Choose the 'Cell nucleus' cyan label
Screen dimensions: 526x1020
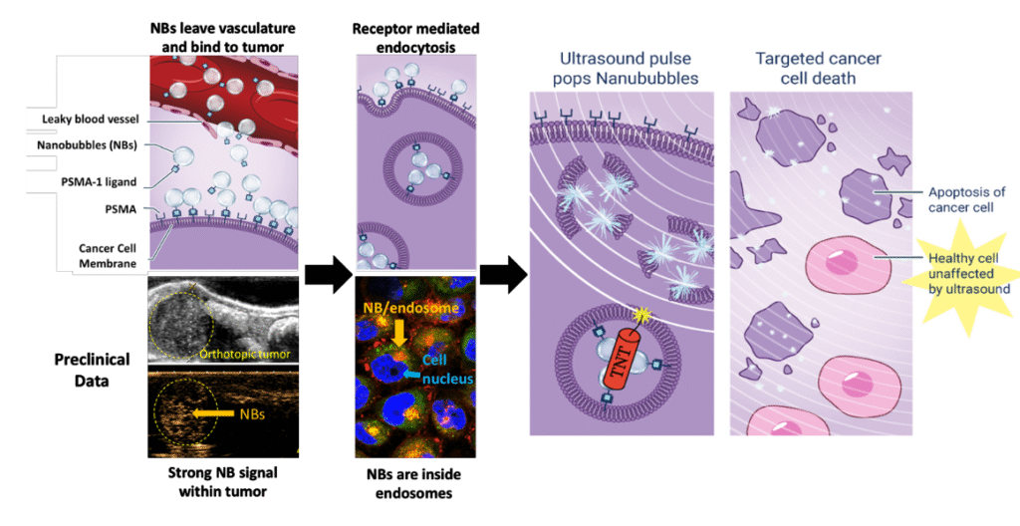pyautogui.click(x=443, y=369)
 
